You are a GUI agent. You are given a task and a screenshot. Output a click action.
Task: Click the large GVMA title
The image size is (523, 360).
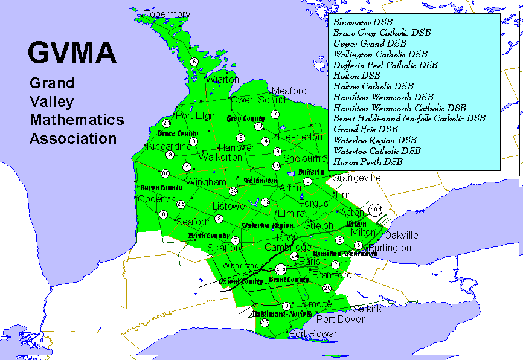pos(72,53)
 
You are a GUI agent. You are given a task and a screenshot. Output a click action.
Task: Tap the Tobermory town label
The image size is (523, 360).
pos(167,14)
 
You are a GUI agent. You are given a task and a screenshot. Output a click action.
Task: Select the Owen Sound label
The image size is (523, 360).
pos(258,100)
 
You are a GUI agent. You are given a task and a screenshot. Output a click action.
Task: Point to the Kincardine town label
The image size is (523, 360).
pos(161,147)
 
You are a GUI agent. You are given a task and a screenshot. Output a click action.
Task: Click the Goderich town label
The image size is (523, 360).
pos(156,199)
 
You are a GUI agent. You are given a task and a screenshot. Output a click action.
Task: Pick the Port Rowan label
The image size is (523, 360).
pos(314,333)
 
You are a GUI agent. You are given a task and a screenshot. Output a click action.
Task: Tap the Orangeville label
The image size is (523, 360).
pos(356,178)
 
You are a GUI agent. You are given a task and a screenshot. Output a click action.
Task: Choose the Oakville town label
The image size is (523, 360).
pos(401,235)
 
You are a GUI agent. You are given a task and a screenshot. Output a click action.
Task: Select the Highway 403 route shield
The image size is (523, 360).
pos(280,269)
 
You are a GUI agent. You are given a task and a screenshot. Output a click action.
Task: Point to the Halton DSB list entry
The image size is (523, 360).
pos(356,76)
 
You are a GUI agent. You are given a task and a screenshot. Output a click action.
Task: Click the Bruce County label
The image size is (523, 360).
pos(178,133)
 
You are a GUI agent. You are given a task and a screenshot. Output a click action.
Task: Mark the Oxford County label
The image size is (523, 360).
pos(241,281)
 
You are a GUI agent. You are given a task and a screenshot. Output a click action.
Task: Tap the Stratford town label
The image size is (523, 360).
pos(225,248)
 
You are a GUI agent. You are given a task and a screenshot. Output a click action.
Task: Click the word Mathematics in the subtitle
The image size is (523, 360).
pos(77,120)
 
